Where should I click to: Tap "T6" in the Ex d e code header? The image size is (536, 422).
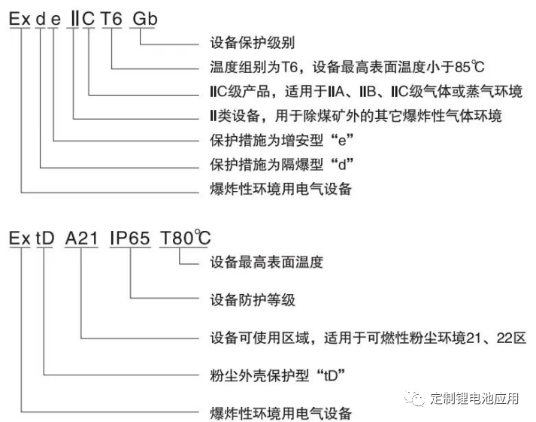111,17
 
